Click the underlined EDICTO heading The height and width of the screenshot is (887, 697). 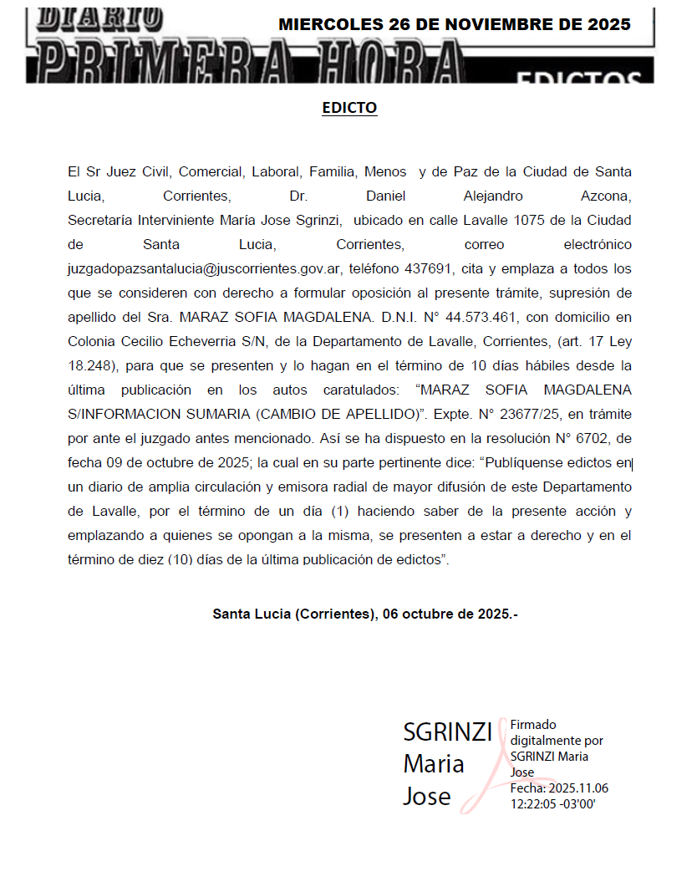pyautogui.click(x=349, y=108)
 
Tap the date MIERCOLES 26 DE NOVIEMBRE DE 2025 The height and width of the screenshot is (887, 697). pyautogui.click(x=455, y=24)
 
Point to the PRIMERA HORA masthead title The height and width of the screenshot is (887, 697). pyautogui.click(x=251, y=64)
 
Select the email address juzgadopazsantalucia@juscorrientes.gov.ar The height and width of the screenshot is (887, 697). pyautogui.click(x=205, y=269)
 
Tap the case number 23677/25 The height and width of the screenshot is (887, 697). pyautogui.click(x=530, y=415)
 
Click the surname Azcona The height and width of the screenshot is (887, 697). pyautogui.click(x=600, y=196)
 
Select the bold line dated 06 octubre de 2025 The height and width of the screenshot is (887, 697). pyautogui.click(x=365, y=614)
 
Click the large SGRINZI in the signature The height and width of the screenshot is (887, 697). pyautogui.click(x=447, y=732)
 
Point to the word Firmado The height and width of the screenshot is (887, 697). pyautogui.click(x=533, y=725)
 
